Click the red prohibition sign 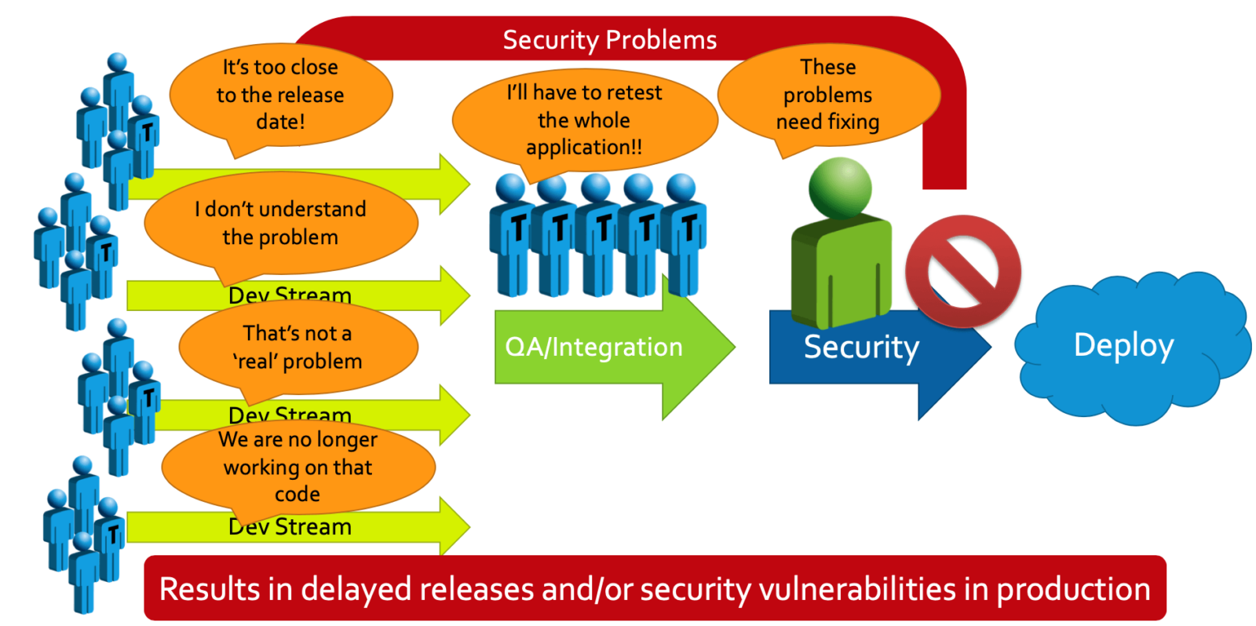click(x=962, y=271)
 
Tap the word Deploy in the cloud click(x=1123, y=346)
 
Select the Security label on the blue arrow click(x=861, y=347)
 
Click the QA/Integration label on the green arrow click(x=593, y=347)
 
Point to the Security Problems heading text click(x=609, y=40)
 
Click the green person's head click(x=840, y=187)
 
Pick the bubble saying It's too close click(x=280, y=95)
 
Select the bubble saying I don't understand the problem click(x=280, y=223)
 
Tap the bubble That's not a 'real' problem click(x=298, y=347)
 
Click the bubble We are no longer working click(x=298, y=467)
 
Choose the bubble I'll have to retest click(x=584, y=120)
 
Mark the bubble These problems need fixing click(x=827, y=95)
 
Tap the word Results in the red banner click(x=210, y=590)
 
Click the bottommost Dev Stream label click(x=290, y=527)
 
